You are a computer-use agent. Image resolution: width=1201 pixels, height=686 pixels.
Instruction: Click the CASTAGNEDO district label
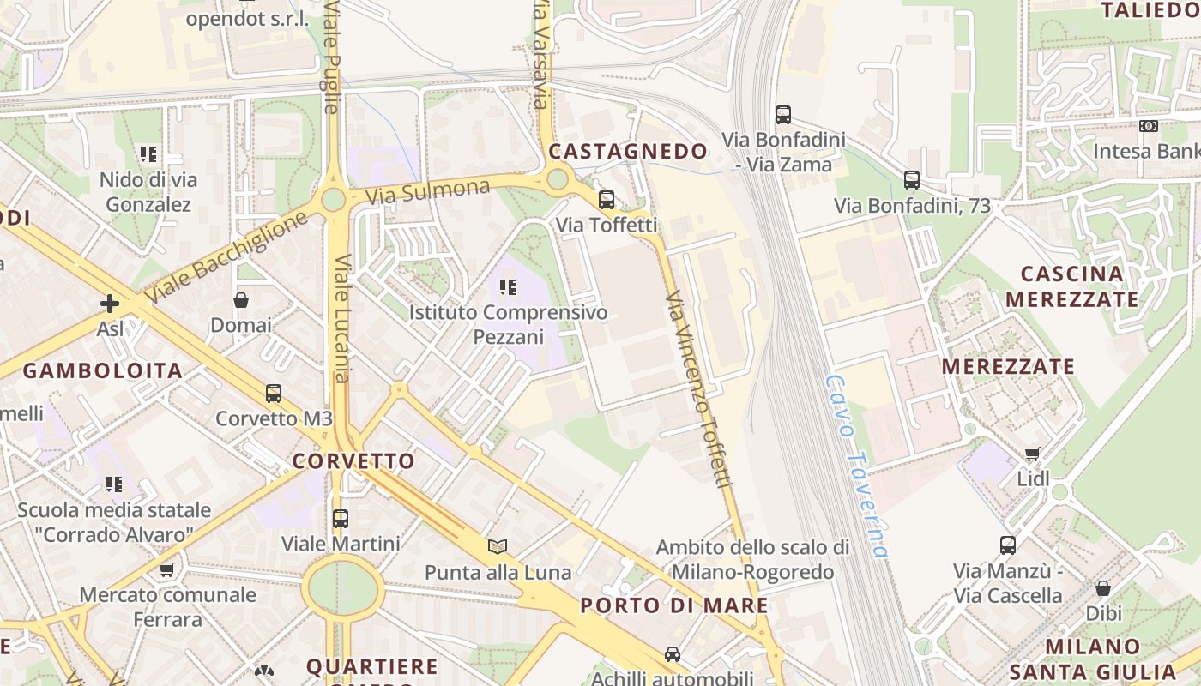(x=628, y=152)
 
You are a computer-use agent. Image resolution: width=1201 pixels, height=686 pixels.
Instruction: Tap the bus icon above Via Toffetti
(x=607, y=200)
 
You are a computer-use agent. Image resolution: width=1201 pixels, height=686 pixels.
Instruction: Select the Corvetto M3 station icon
(x=274, y=394)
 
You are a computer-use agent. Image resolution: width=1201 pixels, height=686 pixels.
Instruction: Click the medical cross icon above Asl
(x=110, y=304)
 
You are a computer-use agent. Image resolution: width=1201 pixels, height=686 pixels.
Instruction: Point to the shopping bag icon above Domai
(x=241, y=300)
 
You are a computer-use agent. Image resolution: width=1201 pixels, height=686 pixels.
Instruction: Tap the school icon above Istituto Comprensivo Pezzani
(x=508, y=287)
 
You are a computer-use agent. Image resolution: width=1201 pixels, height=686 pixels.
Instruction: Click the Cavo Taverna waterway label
(x=855, y=465)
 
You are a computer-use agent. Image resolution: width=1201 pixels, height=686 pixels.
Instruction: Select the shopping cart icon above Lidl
(x=1033, y=454)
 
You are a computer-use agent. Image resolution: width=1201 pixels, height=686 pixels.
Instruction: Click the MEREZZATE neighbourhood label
(x=1008, y=367)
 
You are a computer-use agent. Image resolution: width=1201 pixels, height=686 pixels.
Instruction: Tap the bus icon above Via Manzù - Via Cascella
(x=1008, y=545)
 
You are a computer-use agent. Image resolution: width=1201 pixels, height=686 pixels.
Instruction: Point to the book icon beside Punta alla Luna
(x=498, y=546)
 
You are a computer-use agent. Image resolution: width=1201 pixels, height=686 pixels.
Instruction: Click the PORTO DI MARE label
(x=674, y=605)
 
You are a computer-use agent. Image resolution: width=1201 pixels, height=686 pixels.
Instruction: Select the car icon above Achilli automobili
(x=673, y=653)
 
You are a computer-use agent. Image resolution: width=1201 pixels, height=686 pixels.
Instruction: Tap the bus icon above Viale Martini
(x=341, y=519)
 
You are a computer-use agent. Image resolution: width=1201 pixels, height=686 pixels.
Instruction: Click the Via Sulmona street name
(x=427, y=191)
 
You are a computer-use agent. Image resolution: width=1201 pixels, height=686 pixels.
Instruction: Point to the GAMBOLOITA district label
(x=103, y=371)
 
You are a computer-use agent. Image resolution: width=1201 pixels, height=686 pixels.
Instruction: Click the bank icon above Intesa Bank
(x=1149, y=126)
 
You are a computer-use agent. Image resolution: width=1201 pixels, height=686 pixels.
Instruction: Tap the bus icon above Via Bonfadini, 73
(x=912, y=180)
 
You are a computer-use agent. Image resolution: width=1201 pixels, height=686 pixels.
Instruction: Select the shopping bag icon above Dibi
(x=1103, y=588)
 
